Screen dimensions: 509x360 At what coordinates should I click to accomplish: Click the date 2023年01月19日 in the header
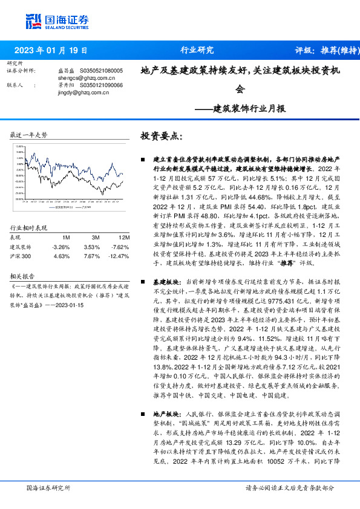coord(53,50)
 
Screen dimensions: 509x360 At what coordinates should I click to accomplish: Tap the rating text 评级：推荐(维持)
coord(324,50)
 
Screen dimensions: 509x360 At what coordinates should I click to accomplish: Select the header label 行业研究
coord(197,50)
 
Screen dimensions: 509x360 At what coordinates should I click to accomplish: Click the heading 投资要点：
coord(160,136)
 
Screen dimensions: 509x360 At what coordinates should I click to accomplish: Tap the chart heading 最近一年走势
coord(29,135)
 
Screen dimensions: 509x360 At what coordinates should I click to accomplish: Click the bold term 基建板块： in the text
coord(165,282)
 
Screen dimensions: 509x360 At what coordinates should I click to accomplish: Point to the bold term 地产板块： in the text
coord(165,414)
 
